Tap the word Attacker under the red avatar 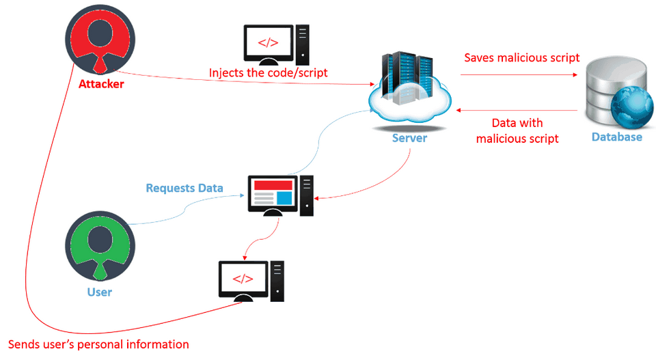101,85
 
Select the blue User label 100,292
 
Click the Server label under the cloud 409,138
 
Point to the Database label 617,137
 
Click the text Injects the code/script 269,72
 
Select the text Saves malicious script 522,58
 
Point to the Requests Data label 184,188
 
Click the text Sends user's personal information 98,344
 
